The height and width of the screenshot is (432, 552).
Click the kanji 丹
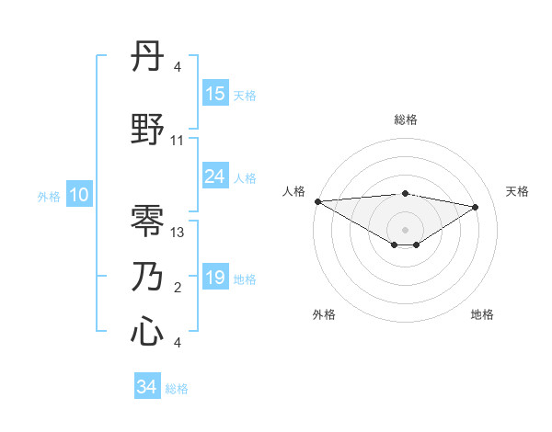148,59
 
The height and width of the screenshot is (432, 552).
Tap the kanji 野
148,131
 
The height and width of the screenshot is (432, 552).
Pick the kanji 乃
148,277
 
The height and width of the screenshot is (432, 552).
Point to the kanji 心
148,332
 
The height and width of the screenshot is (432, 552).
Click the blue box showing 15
215,93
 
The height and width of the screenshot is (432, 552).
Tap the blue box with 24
215,176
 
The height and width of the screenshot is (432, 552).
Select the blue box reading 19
215,278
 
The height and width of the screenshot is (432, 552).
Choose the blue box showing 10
79,195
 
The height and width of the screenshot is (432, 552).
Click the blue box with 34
147,387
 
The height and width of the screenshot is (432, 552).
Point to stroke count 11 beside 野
178,141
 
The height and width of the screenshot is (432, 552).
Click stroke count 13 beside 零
178,233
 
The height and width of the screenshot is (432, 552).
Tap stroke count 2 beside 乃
178,288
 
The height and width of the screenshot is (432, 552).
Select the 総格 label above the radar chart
405,119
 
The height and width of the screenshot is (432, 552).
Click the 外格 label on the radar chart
324,314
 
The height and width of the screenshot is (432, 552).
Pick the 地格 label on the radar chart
482,314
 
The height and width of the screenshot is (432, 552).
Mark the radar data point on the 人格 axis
317,201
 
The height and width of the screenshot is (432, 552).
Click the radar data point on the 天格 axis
476,207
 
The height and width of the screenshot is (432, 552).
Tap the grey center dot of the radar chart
405,229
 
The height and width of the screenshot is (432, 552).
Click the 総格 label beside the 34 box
177,389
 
